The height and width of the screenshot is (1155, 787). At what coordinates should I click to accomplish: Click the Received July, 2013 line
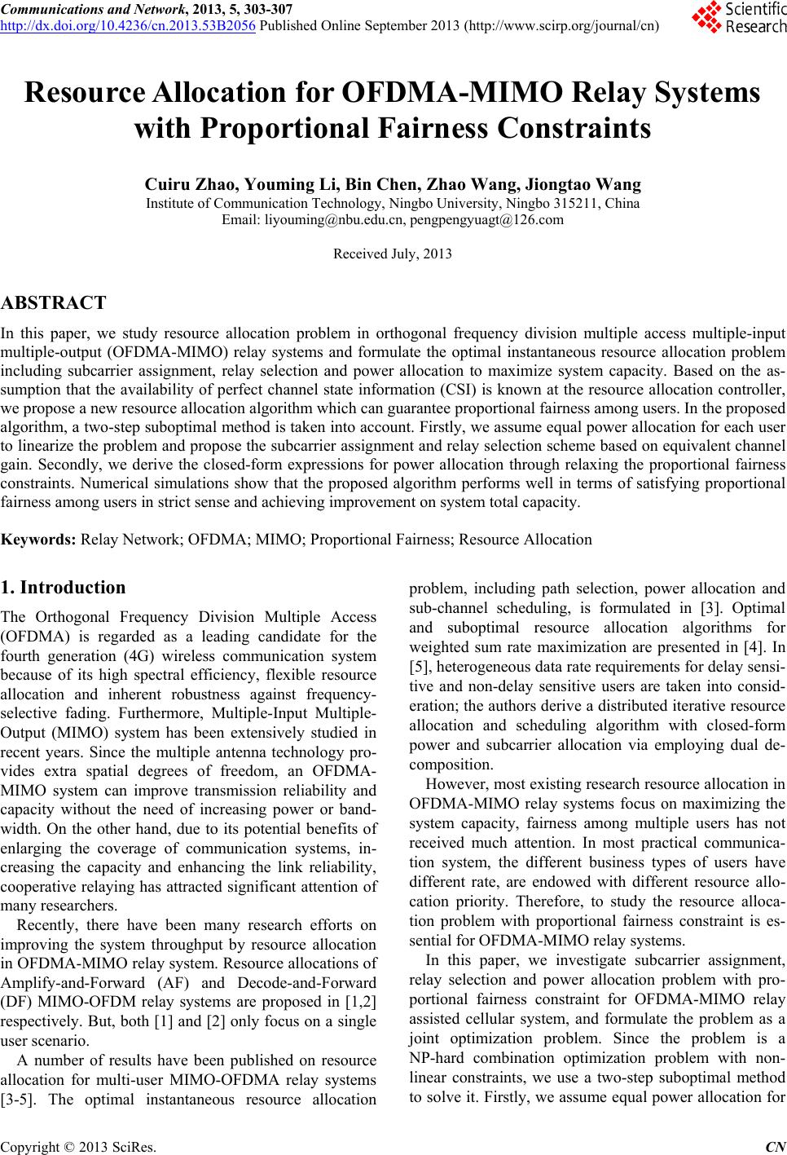393,253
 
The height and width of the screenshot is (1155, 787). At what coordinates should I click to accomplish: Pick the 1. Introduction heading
64,588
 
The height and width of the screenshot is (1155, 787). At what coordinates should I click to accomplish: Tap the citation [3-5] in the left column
17,1099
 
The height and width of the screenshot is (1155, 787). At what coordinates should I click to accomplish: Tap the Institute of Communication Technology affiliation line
393,203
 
